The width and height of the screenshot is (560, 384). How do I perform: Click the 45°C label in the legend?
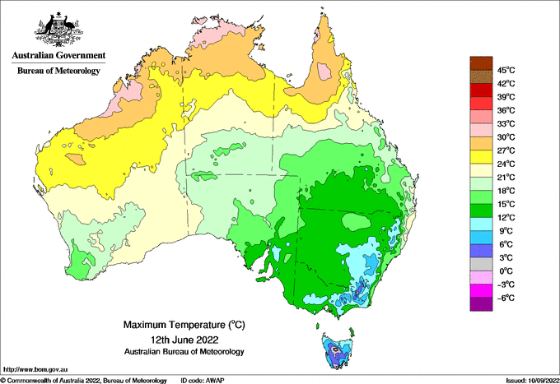(506, 70)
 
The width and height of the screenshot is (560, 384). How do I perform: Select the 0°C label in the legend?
(505, 271)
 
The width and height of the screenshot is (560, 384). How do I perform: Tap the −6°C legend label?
(505, 298)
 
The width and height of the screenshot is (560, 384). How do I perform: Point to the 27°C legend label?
(505, 150)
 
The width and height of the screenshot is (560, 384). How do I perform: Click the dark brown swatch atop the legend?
(481, 63)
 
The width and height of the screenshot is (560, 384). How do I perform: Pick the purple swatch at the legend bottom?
(481, 304)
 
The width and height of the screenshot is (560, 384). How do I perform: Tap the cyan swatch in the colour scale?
(481, 224)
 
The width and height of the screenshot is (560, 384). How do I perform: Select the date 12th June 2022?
(184, 339)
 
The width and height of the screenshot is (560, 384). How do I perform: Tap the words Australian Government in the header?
(58, 56)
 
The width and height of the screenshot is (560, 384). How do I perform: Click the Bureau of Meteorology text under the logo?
(58, 71)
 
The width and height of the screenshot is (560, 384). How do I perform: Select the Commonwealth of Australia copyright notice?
(83, 380)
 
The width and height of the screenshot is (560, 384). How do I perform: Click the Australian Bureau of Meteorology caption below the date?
(184, 351)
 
